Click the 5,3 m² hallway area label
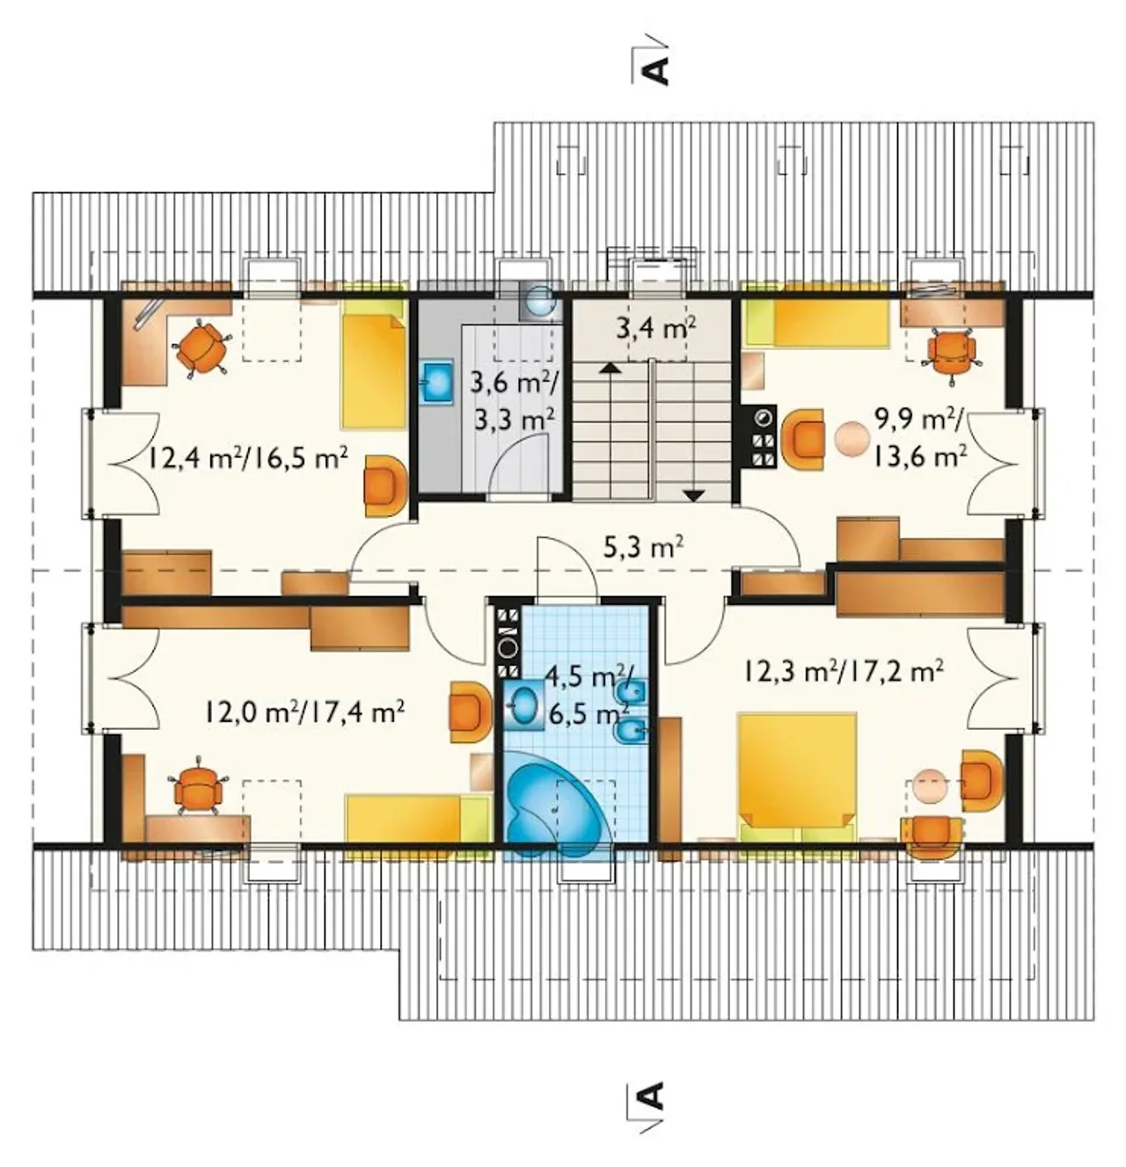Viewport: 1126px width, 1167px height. (x=642, y=546)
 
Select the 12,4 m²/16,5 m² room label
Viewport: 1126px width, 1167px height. (x=248, y=461)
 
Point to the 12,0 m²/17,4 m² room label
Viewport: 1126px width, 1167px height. (x=303, y=711)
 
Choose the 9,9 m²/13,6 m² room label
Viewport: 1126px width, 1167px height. (x=919, y=438)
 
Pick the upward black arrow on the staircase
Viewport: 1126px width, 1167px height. (x=610, y=368)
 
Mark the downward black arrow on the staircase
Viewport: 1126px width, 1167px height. (x=694, y=495)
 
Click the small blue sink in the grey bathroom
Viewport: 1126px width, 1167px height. (x=438, y=380)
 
